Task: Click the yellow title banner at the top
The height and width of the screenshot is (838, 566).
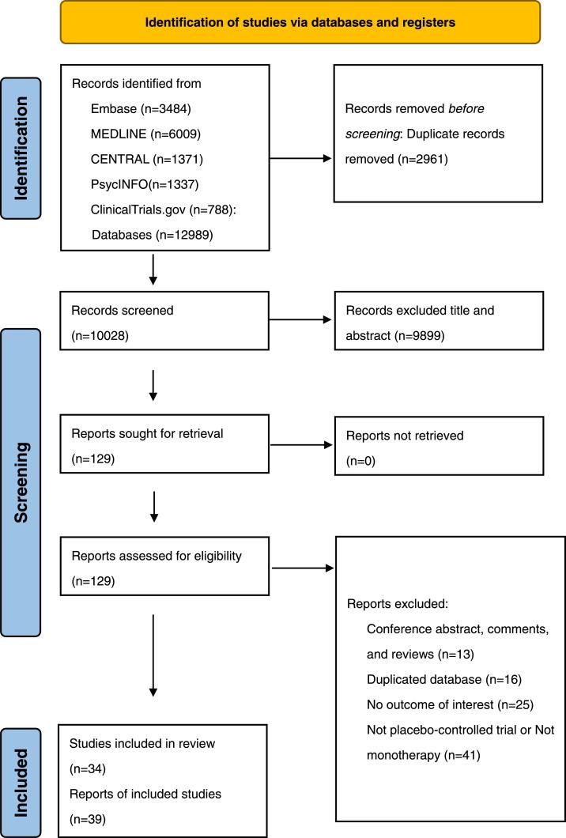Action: [x=300, y=22]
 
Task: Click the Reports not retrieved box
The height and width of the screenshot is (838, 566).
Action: [x=439, y=447]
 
